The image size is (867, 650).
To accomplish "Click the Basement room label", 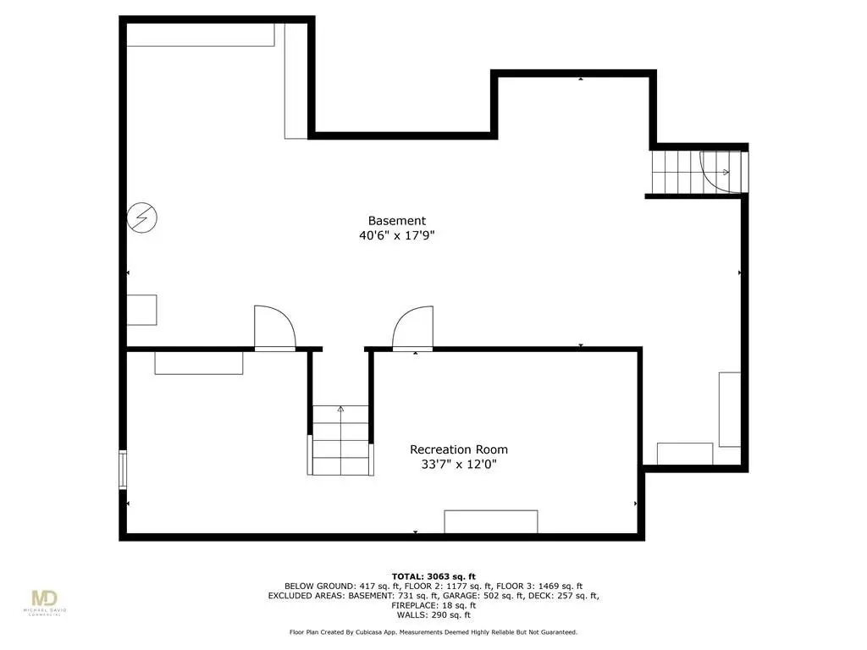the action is click(x=397, y=221).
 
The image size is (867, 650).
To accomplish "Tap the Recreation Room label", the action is click(x=459, y=449).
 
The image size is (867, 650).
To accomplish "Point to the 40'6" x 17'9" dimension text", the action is click(x=397, y=235).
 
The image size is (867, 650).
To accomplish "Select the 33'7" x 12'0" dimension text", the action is click(x=459, y=465).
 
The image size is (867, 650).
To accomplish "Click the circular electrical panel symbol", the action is click(x=142, y=218).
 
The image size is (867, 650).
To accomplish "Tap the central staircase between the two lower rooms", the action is click(x=340, y=440).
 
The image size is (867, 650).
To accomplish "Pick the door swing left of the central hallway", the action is click(x=275, y=328).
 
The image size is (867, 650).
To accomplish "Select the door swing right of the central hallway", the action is click(x=412, y=328).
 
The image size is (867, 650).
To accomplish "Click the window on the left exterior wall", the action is click(x=123, y=470).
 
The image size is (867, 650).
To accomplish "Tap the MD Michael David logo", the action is click(x=44, y=603).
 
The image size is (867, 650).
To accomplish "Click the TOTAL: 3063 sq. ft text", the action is click(x=433, y=576).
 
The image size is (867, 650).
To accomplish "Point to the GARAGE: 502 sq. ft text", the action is click(x=460, y=596).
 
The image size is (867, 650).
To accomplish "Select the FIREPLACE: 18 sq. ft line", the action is click(x=433, y=605).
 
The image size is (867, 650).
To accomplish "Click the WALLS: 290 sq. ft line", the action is click(x=433, y=614).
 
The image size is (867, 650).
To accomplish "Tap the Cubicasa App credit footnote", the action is click(x=433, y=631).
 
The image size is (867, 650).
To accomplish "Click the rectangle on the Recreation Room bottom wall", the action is click(x=491, y=521).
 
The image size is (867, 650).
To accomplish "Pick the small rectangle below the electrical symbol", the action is click(x=142, y=310).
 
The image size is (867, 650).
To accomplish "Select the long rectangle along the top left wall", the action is click(x=201, y=35).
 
